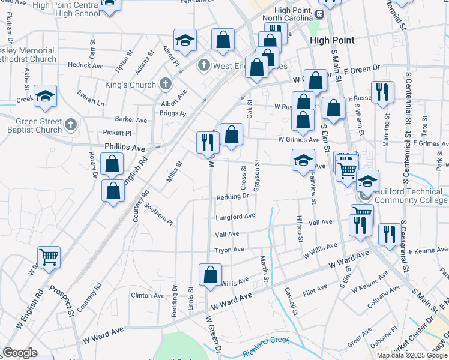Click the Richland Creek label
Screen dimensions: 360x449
tap(266, 350)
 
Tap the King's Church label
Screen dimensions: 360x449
tap(130, 85)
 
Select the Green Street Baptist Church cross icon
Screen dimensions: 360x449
tap(71, 125)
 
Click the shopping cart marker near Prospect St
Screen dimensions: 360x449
tap(49, 257)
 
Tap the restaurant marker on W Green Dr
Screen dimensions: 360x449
tap(206, 142)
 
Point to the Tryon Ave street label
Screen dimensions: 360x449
tap(229, 250)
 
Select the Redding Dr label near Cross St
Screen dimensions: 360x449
tap(232, 196)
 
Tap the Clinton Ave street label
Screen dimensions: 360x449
tap(148, 296)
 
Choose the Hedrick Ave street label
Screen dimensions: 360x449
tap(85, 65)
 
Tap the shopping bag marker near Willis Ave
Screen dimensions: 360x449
tap(211, 275)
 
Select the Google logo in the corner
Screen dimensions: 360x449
tap(19, 353)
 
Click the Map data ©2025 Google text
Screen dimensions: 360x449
tap(411, 355)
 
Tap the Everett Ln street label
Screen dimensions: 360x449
tap(91, 98)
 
